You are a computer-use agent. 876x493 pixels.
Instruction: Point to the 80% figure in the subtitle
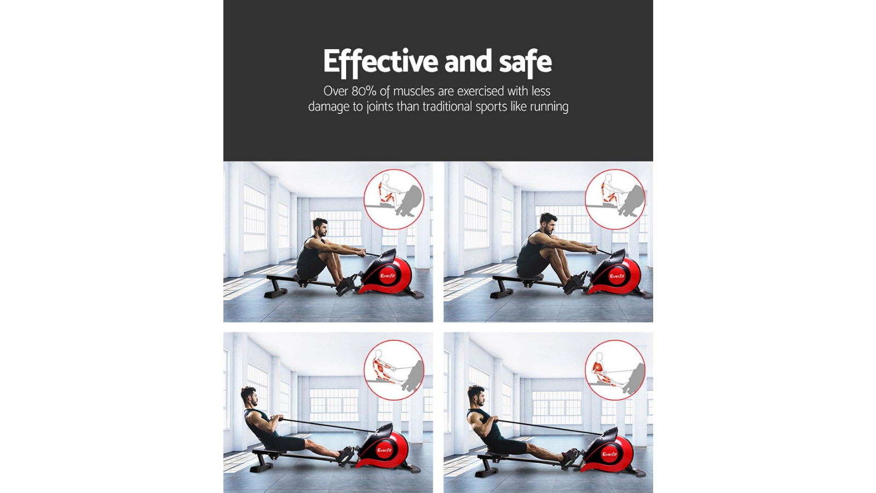[x=364, y=91]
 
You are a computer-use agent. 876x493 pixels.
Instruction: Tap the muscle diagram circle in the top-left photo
[x=394, y=199]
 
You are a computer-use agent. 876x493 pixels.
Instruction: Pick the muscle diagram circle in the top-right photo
[x=615, y=199]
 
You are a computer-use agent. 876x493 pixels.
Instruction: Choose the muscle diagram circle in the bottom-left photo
[x=394, y=370]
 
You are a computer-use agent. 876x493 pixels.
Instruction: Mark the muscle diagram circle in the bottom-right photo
[x=615, y=370]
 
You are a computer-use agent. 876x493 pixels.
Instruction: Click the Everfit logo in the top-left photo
[x=388, y=276]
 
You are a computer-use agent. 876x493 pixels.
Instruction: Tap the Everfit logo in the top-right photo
[x=617, y=276]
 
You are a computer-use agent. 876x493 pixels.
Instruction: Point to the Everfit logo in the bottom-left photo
[x=384, y=450]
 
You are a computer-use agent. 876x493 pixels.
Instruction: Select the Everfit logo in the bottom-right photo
[x=609, y=454]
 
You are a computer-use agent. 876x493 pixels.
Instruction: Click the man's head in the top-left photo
[x=320, y=226]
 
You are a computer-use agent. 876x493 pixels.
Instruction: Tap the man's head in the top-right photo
[x=547, y=221]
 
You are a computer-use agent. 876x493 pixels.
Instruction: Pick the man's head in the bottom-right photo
[x=476, y=394]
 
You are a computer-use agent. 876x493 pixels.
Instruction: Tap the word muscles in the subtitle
[x=413, y=91]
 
